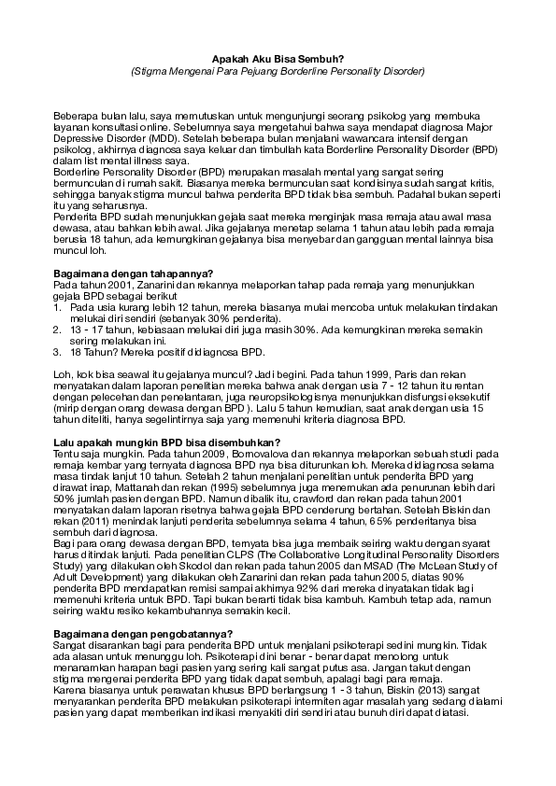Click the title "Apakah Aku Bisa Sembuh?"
pyautogui.click(x=278, y=58)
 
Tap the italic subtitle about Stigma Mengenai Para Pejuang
pyautogui.click(x=278, y=70)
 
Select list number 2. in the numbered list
pyautogui.click(x=58, y=330)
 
